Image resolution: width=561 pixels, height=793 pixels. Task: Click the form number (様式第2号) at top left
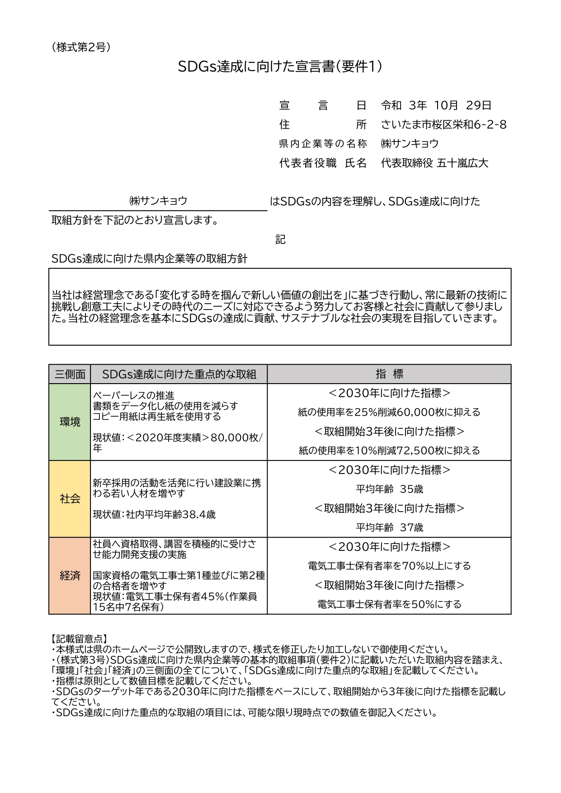point(81,47)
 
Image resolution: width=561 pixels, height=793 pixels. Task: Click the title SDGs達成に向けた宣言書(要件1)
point(280,67)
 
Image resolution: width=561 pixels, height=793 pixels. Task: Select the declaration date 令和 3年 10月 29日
point(436,106)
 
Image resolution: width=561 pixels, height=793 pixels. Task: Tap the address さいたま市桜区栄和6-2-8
point(443,125)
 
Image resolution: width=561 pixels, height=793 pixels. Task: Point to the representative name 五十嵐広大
point(462,163)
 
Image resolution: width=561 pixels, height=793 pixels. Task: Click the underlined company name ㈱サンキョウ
point(158,201)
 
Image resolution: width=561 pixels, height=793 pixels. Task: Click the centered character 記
point(280,239)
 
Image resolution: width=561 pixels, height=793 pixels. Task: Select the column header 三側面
point(70,374)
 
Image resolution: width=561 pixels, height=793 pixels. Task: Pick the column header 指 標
point(389,374)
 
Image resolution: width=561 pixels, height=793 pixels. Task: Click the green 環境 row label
point(70,422)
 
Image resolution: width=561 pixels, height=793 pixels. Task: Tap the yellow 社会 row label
point(70,499)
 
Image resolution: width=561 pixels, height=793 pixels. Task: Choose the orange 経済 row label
point(70,576)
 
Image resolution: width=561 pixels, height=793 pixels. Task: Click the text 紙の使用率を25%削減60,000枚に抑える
point(389,412)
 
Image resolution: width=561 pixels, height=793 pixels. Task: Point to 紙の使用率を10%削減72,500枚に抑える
point(389,450)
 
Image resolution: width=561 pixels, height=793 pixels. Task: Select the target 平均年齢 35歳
point(389,489)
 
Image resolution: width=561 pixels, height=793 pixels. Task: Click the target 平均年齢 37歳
point(389,527)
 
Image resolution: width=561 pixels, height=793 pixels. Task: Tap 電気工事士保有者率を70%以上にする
point(389,566)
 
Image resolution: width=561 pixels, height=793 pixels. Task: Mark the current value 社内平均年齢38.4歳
point(154,514)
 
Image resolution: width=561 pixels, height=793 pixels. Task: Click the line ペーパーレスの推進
point(133,396)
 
